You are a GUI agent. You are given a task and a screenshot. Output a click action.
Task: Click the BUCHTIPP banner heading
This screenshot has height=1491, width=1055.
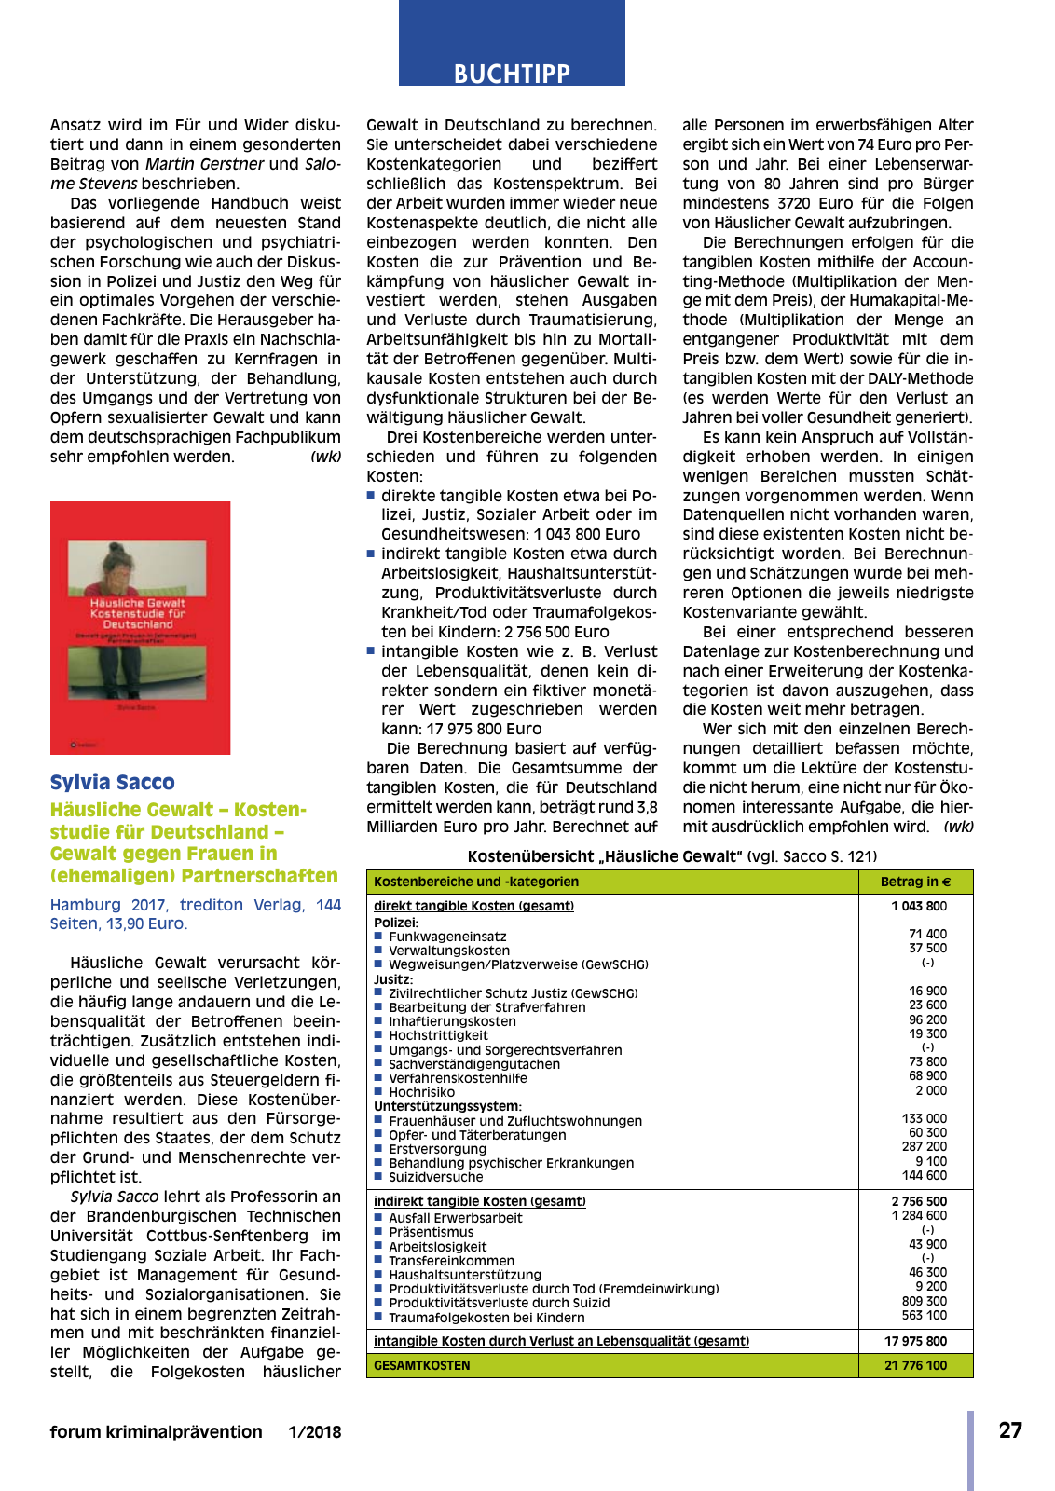512,73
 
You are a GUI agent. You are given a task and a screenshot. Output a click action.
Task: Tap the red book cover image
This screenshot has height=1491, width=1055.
140,627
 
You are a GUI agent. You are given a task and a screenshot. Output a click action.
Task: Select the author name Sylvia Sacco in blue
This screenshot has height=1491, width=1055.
112,783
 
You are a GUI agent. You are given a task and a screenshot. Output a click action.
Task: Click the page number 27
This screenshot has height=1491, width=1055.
1010,1430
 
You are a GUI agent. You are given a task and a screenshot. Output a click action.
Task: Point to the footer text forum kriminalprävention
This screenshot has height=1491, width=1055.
156,1432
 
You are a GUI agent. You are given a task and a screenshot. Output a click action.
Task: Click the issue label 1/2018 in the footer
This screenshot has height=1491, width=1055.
314,1432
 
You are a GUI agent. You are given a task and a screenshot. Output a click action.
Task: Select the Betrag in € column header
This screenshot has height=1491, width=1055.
915,882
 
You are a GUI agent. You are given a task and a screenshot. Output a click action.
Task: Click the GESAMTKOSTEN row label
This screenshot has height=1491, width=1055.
421,1365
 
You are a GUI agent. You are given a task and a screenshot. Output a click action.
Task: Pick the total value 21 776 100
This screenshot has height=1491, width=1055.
915,1365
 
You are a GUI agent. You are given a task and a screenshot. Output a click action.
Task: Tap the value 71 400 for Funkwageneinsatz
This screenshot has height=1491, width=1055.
927,934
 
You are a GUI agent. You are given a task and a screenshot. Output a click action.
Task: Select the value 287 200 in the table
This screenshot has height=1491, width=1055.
924,1147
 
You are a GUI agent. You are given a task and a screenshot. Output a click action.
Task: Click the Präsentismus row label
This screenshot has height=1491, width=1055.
431,1232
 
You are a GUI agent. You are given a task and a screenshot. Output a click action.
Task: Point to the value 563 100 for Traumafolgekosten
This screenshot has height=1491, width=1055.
924,1316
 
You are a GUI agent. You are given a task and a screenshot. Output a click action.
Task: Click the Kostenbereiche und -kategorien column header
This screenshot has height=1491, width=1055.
475,882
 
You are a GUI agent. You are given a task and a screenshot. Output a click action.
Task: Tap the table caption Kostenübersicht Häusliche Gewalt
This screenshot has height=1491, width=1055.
671,856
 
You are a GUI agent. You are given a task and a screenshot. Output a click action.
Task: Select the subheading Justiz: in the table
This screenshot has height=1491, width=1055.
392,979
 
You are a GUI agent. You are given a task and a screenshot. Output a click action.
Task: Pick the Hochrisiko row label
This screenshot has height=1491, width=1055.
421,1092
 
